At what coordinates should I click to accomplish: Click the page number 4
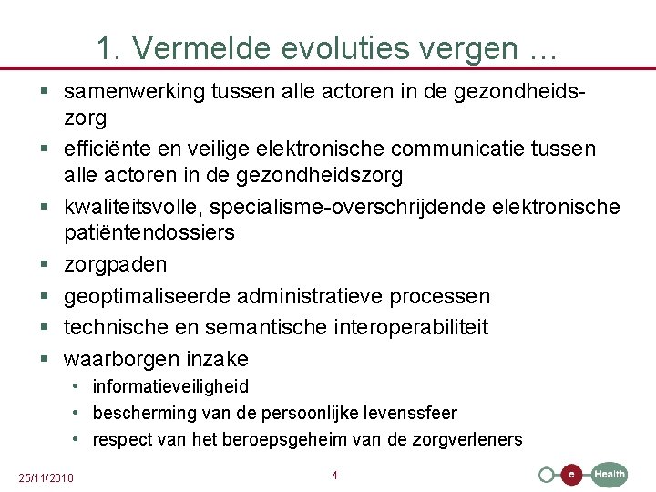coord(334,476)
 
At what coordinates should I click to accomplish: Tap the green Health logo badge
coord(610,474)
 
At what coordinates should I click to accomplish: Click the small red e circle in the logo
coord(571,475)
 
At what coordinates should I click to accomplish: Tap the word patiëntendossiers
coord(149,232)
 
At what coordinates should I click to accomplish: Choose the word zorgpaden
coord(115,265)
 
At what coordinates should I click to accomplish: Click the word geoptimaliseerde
coord(147,297)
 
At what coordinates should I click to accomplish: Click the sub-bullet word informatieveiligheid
coord(170,386)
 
